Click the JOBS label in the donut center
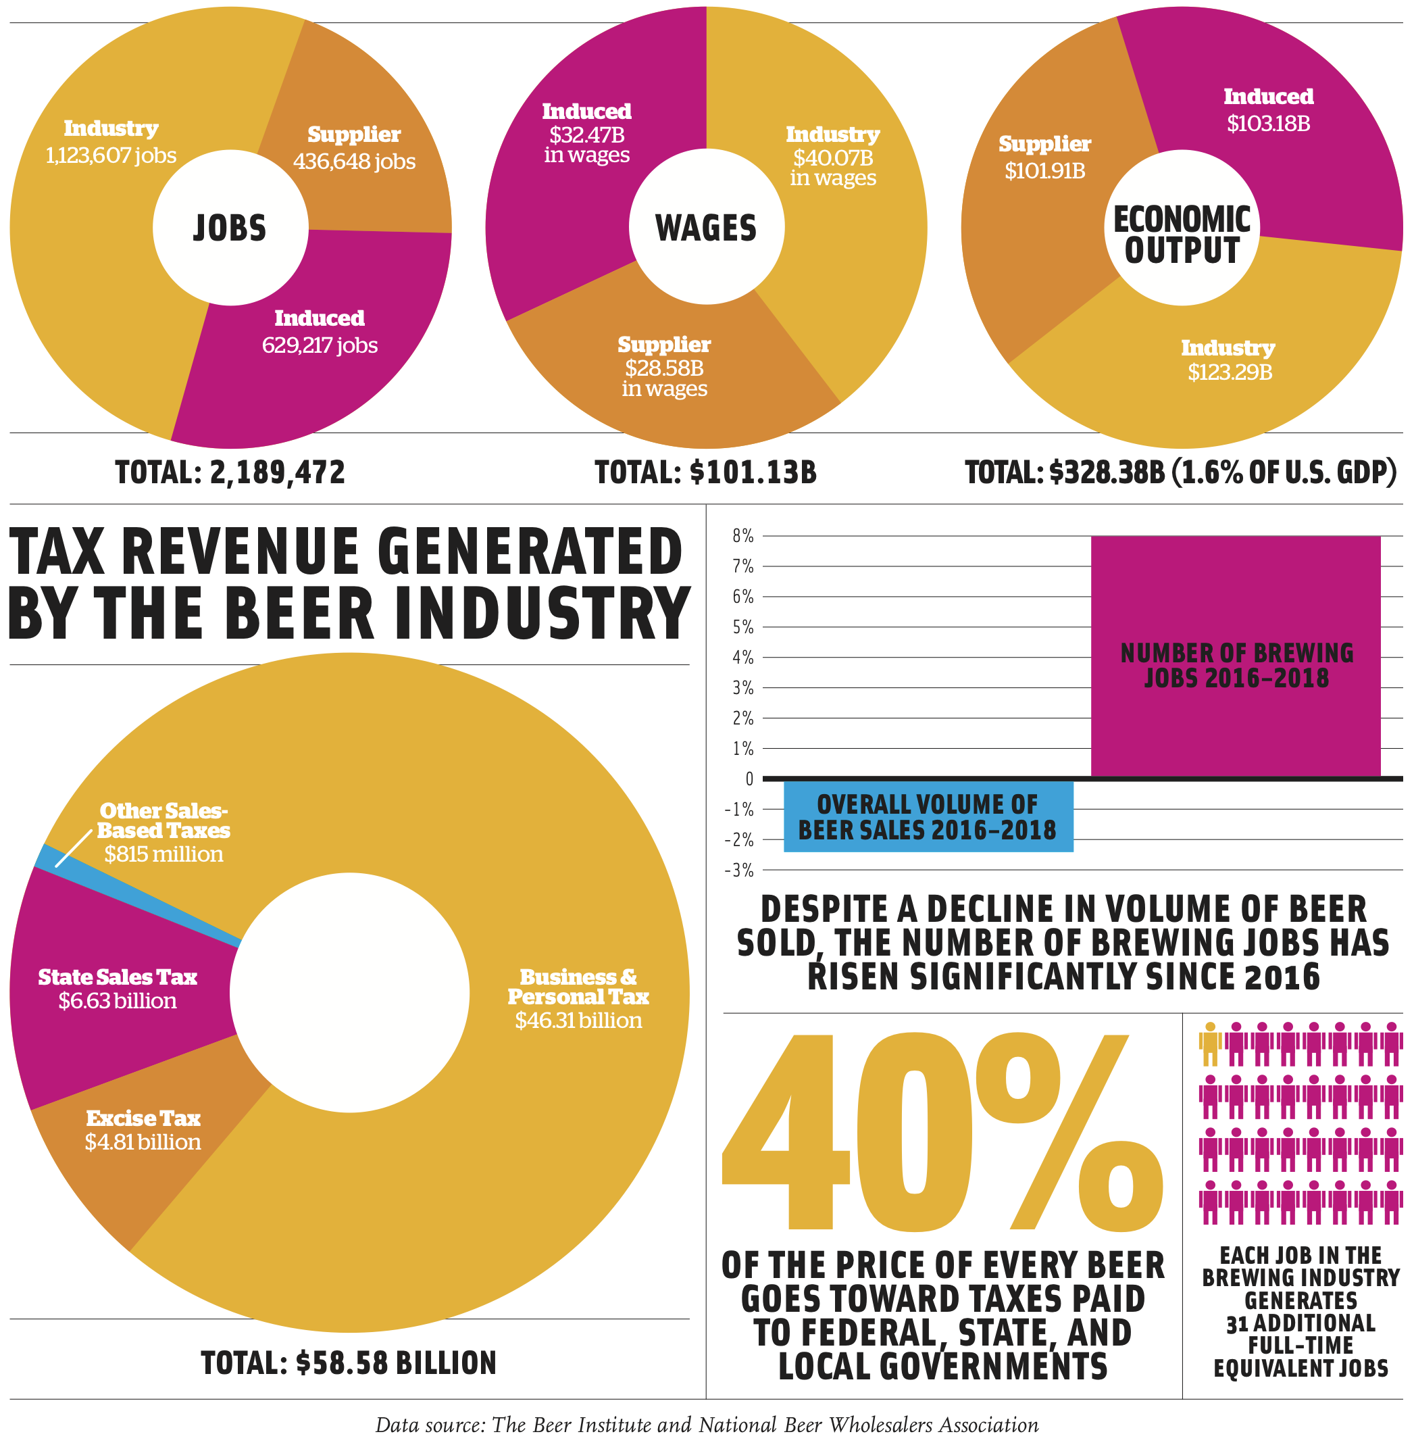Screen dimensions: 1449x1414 tap(230, 228)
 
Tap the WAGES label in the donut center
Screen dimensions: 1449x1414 tap(705, 228)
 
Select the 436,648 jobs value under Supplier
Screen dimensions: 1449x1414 tap(354, 162)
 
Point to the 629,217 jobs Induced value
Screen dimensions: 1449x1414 tap(320, 345)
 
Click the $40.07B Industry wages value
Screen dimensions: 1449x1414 tap(832, 158)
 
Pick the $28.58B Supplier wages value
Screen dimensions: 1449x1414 tap(664, 368)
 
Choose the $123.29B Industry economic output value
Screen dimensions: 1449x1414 tap(1229, 372)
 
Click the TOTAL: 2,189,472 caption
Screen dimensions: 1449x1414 tap(230, 472)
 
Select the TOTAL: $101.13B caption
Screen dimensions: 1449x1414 tap(705, 472)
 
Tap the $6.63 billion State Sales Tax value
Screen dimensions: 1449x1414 tap(118, 1001)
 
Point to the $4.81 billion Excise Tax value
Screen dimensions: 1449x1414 tap(143, 1142)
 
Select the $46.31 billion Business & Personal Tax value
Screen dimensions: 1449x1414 tap(578, 1021)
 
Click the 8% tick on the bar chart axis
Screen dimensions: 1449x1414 tap(742, 536)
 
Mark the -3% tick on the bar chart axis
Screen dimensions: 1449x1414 tap(739, 870)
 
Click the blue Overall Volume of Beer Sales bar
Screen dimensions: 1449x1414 tap(928, 816)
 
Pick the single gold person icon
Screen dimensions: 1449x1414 tap(1210, 1045)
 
